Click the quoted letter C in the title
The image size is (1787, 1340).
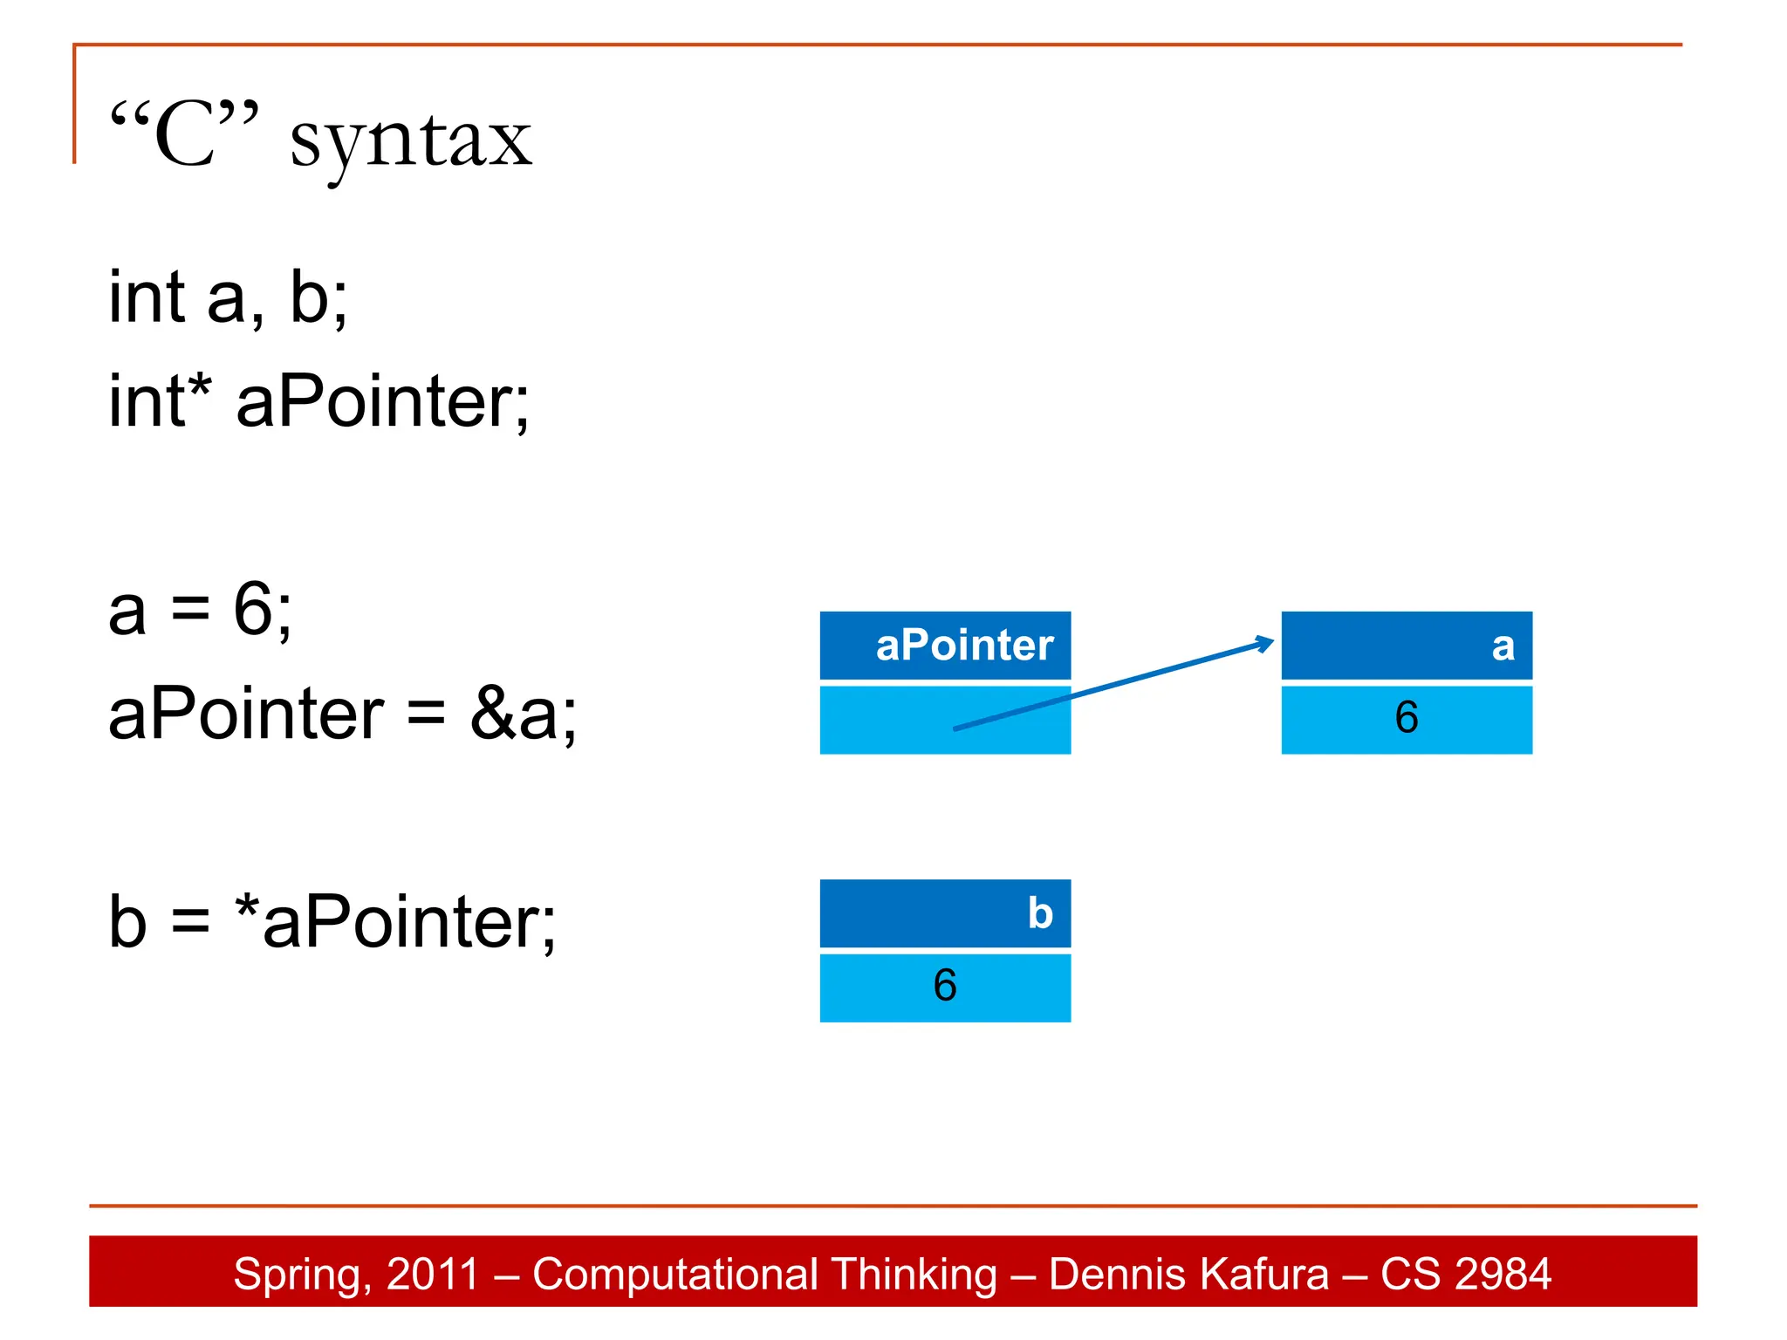(185, 135)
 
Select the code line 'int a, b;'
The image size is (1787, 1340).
(228, 297)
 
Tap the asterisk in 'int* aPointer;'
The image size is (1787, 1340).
(200, 385)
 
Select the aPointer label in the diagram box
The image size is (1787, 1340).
(964, 646)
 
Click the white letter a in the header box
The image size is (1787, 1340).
(1503, 646)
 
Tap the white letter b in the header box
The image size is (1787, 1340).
(1040, 913)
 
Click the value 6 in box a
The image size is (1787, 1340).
(1407, 717)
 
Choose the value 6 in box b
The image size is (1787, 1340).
(945, 985)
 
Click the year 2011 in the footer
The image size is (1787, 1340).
(433, 1274)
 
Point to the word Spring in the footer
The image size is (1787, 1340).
(297, 1275)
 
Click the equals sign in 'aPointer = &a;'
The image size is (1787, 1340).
(427, 714)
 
